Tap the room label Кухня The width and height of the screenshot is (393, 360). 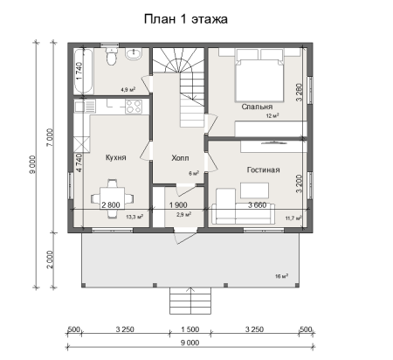[x=116, y=158]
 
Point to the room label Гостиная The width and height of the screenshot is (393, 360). [x=262, y=169]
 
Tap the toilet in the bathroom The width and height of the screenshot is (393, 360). [x=110, y=59]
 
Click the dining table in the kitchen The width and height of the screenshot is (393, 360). [x=111, y=193]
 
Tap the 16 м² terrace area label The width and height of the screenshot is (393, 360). [x=281, y=275]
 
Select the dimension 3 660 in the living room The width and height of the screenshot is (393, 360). [x=257, y=204]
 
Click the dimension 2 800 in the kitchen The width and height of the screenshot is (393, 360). [x=111, y=204]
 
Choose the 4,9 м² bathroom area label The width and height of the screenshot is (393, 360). [x=126, y=89]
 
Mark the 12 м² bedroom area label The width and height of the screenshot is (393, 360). [x=272, y=114]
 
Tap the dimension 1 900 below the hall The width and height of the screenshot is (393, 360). [x=181, y=204]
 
